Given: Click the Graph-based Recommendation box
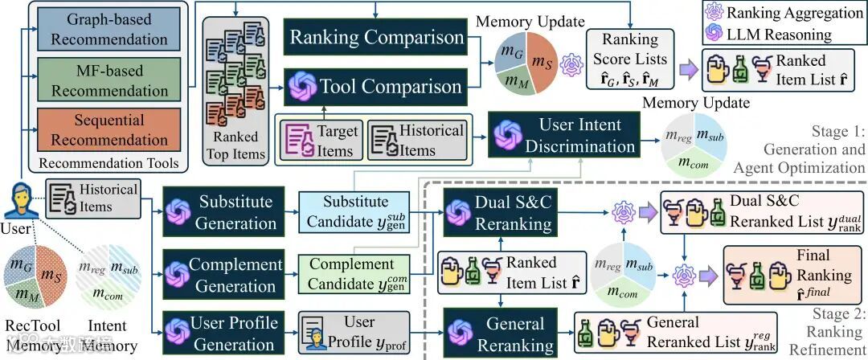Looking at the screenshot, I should pyautogui.click(x=108, y=30).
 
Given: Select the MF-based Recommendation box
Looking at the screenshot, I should pyautogui.click(x=108, y=80).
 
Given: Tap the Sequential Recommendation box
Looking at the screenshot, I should pyautogui.click(x=108, y=129).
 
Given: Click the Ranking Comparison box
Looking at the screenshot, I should pyautogui.click(x=376, y=37).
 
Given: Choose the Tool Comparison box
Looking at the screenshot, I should pyautogui.click(x=376, y=84).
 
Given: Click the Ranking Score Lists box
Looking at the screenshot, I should pyautogui.click(x=629, y=58).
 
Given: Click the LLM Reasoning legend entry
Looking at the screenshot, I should pyautogui.click(x=776, y=34).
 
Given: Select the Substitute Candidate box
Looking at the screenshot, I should pyautogui.click(x=362, y=212).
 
